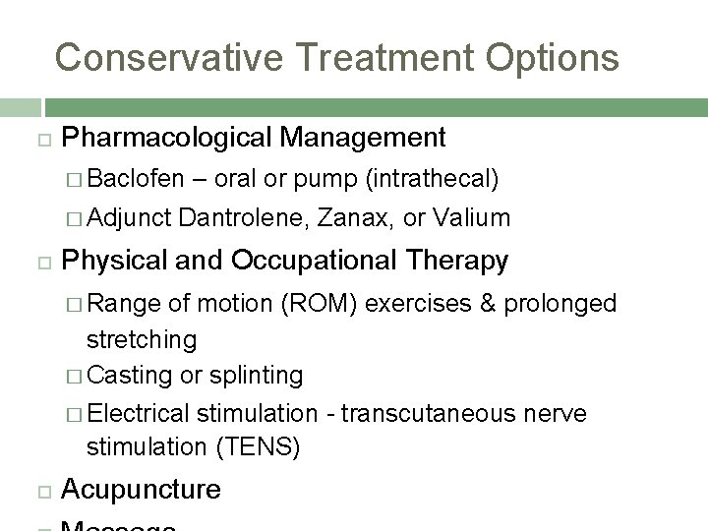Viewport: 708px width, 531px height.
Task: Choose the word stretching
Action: tap(142, 340)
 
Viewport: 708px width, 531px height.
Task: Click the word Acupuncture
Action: tap(141, 490)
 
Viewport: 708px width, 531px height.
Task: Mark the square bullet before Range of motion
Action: tap(77, 304)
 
